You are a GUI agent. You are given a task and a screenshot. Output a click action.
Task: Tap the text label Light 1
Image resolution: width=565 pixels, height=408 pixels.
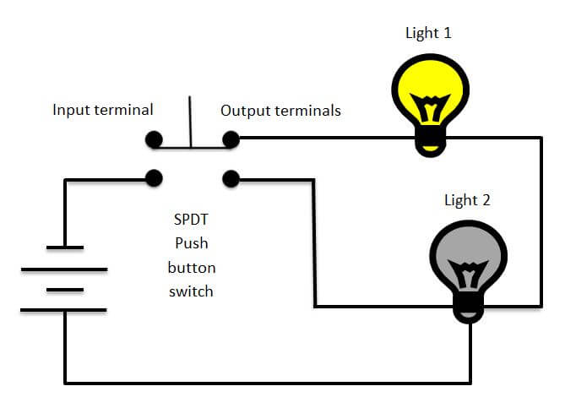[x=428, y=33]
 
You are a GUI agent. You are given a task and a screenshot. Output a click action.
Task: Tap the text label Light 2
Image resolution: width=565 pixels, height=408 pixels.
[x=467, y=200]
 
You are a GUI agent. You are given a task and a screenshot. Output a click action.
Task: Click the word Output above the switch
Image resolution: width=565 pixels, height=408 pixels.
[x=247, y=110]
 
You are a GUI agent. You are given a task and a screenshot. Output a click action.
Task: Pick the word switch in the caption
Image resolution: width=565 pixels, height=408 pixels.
[x=191, y=291]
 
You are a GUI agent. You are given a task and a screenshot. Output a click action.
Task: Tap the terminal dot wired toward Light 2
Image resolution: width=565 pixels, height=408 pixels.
[x=230, y=178]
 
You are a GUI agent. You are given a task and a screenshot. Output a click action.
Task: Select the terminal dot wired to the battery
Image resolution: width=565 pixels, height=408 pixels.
[x=153, y=178]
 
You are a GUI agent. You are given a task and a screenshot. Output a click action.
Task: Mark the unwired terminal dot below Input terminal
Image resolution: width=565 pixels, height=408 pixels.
[x=153, y=139]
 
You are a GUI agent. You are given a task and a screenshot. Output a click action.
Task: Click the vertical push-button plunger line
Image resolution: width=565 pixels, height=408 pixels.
[x=190, y=122]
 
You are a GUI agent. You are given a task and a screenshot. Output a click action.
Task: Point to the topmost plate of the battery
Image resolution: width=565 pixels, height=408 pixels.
[x=64, y=248]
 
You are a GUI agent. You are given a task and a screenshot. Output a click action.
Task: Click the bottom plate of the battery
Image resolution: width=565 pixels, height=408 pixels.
[x=64, y=310]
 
